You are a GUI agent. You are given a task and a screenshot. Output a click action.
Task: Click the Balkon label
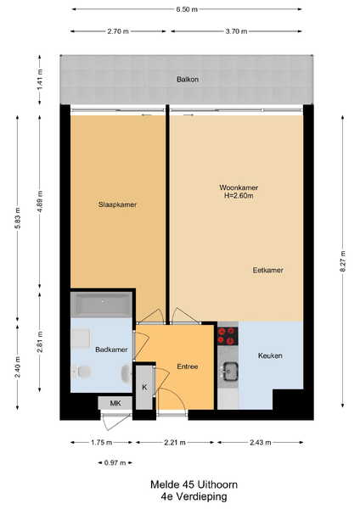[188, 79]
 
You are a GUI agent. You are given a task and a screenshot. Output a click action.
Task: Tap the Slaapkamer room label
[117, 204]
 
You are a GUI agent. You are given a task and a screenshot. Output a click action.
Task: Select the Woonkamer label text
[239, 187]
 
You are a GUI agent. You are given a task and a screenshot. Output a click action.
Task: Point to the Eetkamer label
[268, 270]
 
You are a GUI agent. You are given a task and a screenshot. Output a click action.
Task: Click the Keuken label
[270, 355]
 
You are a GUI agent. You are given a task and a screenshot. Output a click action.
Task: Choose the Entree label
[188, 366]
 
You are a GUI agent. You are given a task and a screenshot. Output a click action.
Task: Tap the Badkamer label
[111, 350]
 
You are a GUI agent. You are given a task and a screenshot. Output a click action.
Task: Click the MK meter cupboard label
[115, 403]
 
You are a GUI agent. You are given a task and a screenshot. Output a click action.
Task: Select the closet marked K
[144, 388]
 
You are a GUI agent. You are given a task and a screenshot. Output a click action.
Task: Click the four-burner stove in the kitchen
[228, 336]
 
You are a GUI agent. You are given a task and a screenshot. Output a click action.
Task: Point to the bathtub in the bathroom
[102, 305]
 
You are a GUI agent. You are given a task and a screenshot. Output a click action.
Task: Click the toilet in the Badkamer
[82, 372]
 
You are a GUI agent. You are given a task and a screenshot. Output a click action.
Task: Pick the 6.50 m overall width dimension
[187, 9]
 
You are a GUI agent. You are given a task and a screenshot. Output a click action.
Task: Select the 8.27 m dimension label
[343, 261]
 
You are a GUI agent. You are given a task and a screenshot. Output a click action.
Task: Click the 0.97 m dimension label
[115, 462]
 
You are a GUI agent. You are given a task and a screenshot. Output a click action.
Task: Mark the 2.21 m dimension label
[175, 442]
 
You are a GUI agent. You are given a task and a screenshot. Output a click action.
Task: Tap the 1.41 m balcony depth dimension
[40, 80]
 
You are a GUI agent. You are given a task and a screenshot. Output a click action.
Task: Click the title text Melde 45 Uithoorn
[194, 484]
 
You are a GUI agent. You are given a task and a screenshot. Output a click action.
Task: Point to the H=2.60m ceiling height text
[239, 196]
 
